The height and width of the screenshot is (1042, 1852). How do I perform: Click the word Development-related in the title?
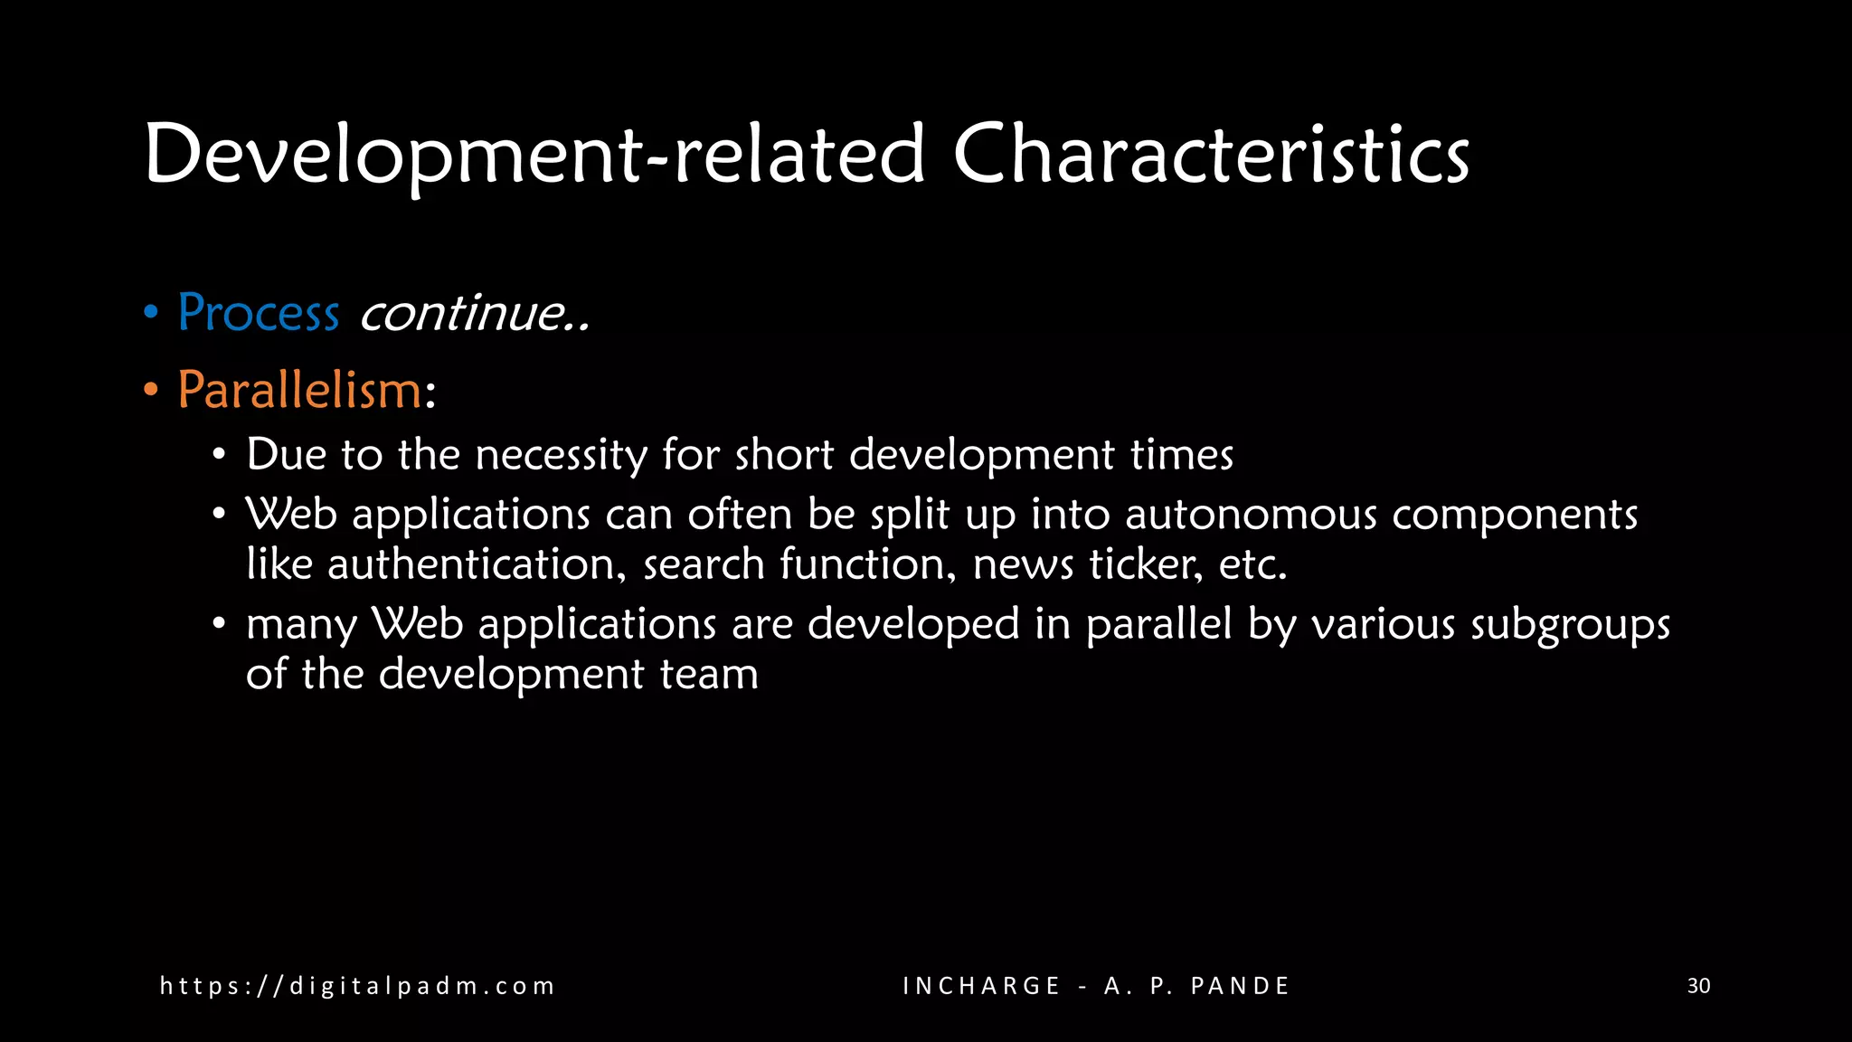coord(534,156)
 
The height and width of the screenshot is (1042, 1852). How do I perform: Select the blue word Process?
coord(259,313)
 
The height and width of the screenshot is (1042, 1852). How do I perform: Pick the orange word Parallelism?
coord(299,391)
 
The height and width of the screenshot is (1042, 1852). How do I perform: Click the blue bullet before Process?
coord(151,313)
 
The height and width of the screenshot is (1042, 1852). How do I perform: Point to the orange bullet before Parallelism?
coord(151,391)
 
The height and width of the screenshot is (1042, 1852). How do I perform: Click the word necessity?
coord(562,454)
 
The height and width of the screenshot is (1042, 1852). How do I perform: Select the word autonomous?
coord(1251,514)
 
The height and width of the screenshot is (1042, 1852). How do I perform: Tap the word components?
coord(1514,516)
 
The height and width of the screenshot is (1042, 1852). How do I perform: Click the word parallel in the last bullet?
coord(1158,624)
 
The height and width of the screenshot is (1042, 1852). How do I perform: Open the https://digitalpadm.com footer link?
coord(357,986)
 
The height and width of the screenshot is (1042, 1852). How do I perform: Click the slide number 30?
coord(1698,986)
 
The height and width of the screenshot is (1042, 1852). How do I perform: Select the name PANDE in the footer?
coord(1240,986)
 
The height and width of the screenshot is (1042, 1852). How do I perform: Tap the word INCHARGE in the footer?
coord(981,986)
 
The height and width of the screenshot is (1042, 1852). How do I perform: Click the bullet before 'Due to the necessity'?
coord(219,454)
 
